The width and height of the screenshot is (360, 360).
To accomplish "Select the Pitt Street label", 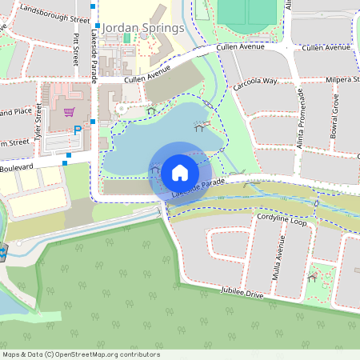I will coord(77,50).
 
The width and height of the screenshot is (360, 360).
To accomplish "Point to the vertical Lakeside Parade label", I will coord(94,63).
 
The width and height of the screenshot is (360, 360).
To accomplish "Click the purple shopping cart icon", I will coord(70,112).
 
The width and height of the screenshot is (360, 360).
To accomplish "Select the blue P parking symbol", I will coord(78,130).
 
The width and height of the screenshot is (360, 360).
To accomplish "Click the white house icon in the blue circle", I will coord(180,172).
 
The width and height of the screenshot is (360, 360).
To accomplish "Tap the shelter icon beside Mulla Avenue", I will coord(312,278).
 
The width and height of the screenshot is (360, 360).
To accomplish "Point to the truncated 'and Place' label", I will coord(15,112).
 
